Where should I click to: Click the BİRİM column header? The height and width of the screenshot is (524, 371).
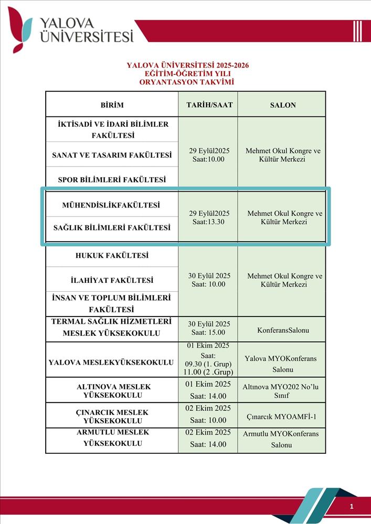pos(112,105)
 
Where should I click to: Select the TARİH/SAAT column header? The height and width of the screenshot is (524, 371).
pos(209,105)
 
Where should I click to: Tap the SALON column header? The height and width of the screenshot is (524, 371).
pos(283,105)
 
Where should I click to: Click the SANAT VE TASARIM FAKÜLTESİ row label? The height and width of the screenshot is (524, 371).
pos(112,155)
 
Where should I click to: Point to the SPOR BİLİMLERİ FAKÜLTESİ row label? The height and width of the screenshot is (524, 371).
pos(112,180)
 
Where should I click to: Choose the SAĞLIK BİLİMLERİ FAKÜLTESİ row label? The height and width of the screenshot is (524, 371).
pos(112,228)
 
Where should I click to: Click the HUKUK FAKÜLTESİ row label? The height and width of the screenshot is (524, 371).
pos(112,256)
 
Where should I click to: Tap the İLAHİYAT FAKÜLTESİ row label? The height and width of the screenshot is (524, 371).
pos(112,280)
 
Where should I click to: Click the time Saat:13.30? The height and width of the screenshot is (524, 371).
pos(209,222)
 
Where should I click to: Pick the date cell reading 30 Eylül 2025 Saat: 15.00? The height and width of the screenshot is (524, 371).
pos(209,328)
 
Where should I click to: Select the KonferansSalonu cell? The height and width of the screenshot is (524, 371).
pos(283,331)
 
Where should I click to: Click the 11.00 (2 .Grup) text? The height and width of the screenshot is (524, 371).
pos(208,372)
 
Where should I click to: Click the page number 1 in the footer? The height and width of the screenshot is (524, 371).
pos(352,506)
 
